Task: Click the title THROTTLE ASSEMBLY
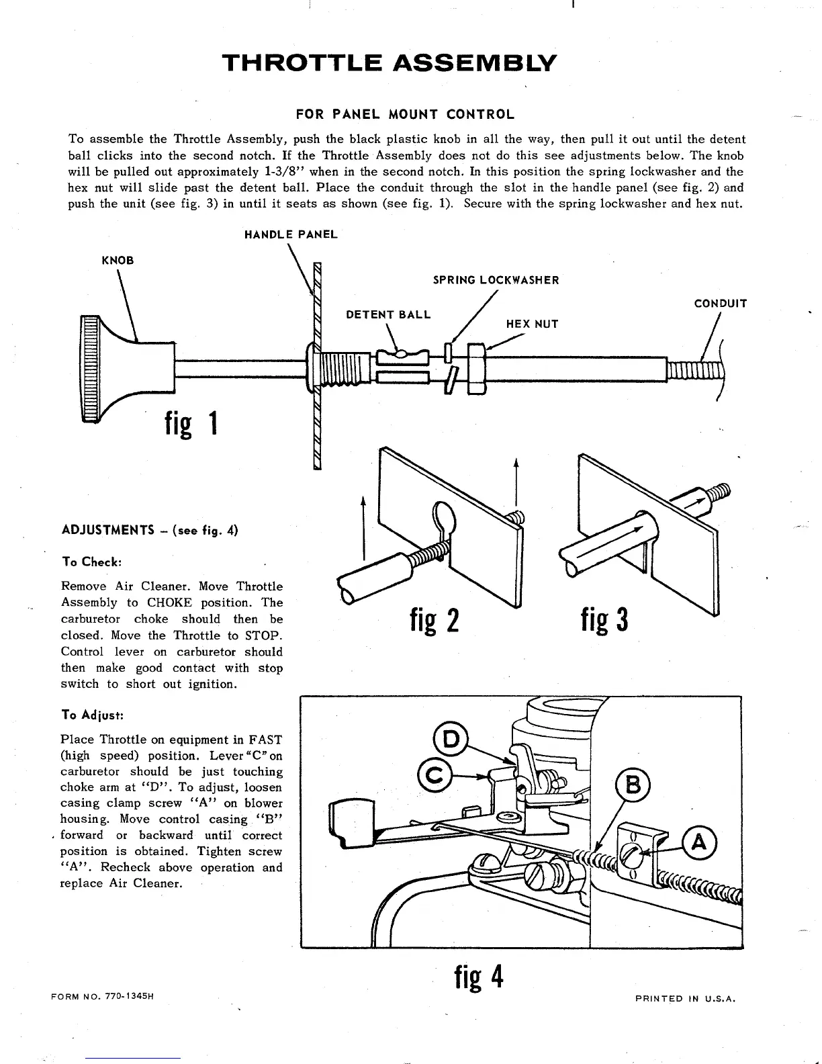[390, 63]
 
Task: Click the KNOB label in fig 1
[118, 261]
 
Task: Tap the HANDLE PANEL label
[291, 234]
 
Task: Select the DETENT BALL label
[388, 314]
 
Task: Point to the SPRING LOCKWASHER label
[496, 280]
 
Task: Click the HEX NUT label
[532, 324]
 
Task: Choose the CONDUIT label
[721, 304]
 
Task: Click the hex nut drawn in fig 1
[475, 369]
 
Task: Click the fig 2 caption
[435, 620]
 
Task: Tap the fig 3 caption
[604, 619]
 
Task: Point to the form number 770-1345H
[103, 995]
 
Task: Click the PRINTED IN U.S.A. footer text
[686, 998]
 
